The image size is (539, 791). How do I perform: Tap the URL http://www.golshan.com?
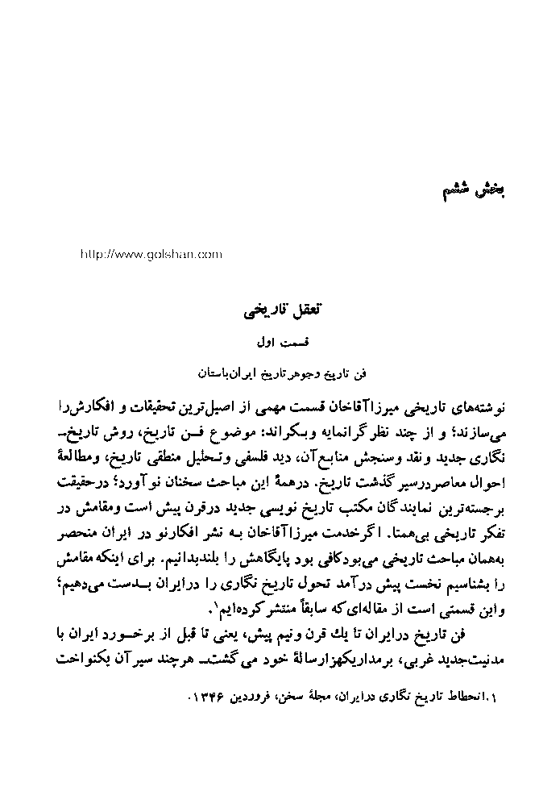[x=151, y=254]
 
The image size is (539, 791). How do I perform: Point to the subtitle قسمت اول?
[x=275, y=343]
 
